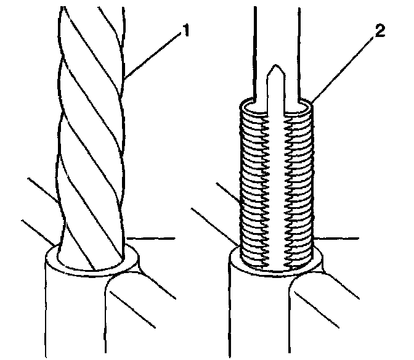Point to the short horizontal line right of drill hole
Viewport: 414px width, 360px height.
tap(154, 237)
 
